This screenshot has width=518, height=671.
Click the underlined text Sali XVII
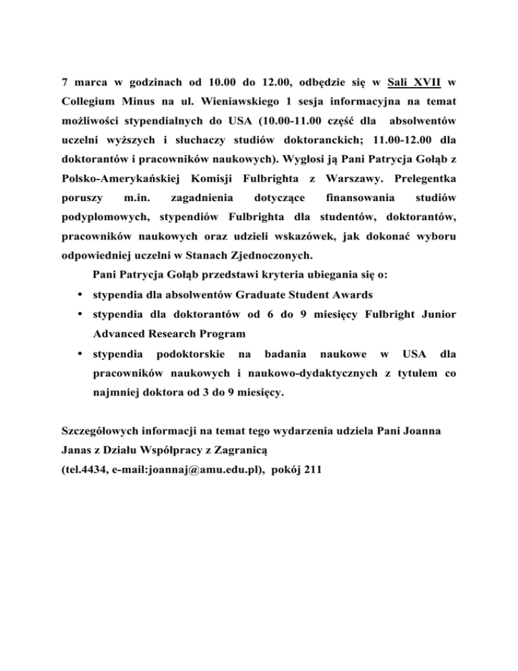pos(415,84)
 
